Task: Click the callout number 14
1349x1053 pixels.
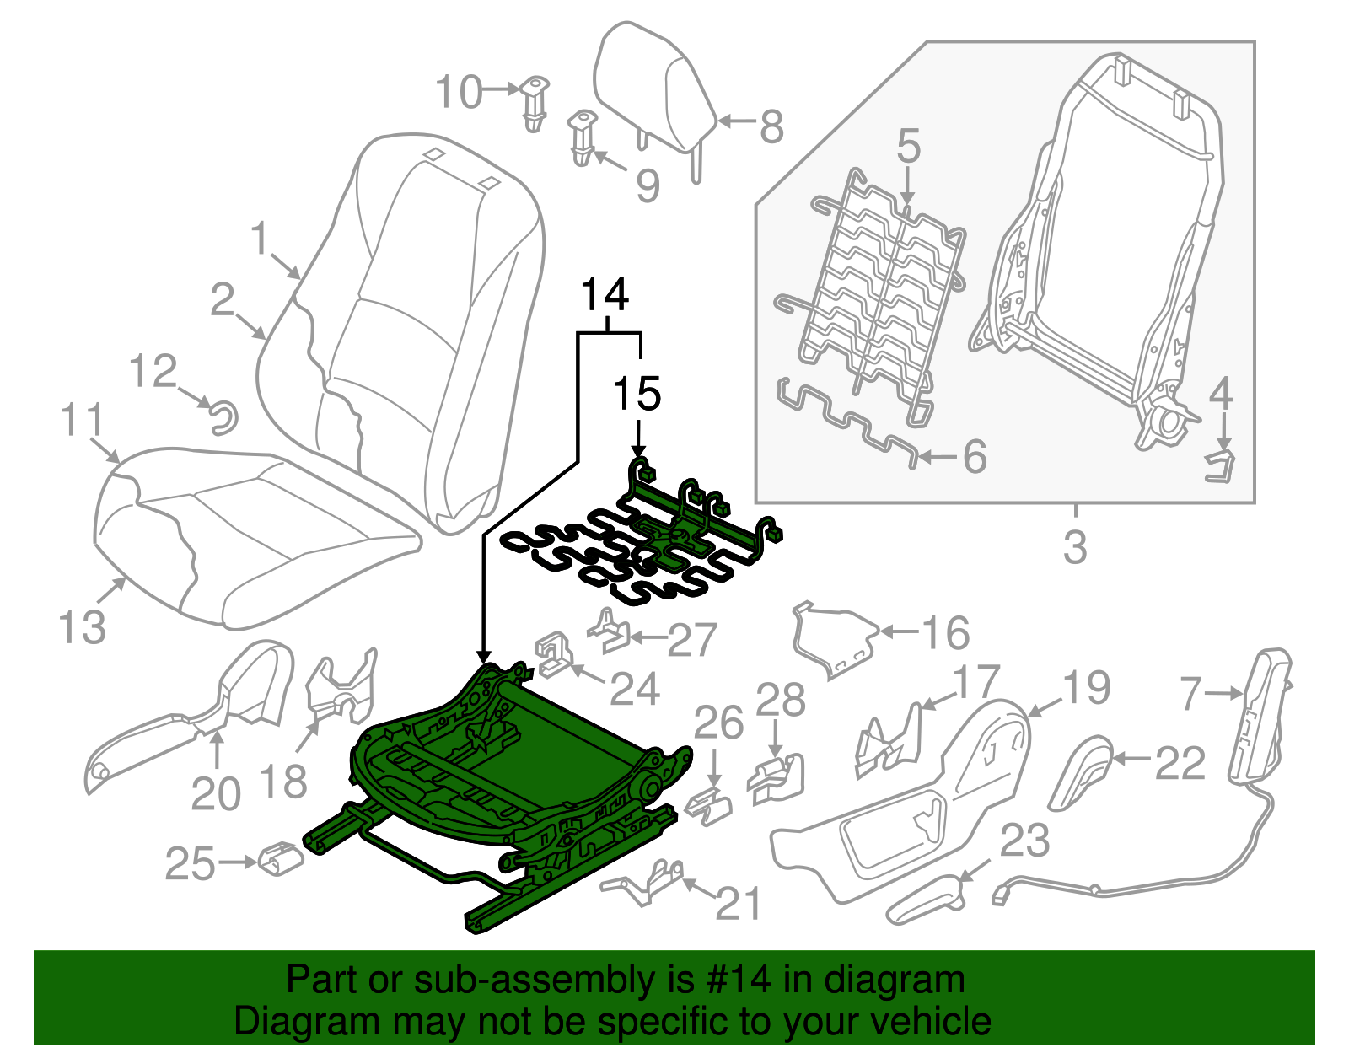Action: pos(605,295)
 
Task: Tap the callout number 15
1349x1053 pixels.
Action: pos(637,394)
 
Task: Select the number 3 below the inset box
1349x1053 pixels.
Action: pos(1075,547)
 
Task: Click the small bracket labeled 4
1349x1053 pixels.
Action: pos(1219,466)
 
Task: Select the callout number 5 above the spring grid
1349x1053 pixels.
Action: pos(908,146)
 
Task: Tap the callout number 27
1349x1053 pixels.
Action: pos(691,641)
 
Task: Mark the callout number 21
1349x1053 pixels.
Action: pos(738,904)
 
